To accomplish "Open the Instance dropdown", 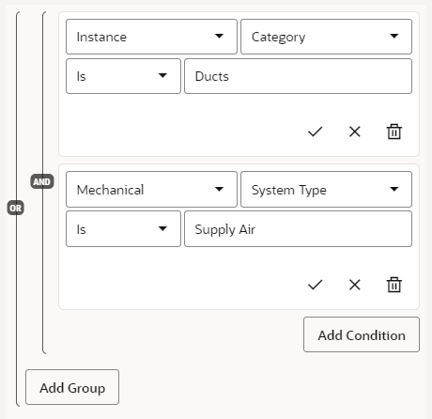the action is coord(151,37).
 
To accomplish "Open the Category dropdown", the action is coord(326,37).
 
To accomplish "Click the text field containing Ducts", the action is coord(298,76).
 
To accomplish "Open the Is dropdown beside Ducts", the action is coord(123,76).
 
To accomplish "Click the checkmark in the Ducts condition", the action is coord(315,132).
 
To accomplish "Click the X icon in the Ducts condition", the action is coord(355,132).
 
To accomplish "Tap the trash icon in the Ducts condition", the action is coord(394,132).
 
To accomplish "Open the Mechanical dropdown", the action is coord(151,189).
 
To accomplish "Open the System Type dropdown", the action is coord(326,189).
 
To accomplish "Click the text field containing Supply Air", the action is coord(298,229).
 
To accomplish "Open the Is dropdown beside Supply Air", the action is coord(123,229).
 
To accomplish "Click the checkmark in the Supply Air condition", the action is coord(315,285).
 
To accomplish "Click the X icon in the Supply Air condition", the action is coord(355,285).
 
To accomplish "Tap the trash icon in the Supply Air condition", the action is coord(394,285).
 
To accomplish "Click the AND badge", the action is coord(42,181).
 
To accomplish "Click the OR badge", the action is coord(16,208).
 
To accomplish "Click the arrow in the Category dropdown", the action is coord(394,36).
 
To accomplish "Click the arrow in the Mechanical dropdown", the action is coord(219,189).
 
